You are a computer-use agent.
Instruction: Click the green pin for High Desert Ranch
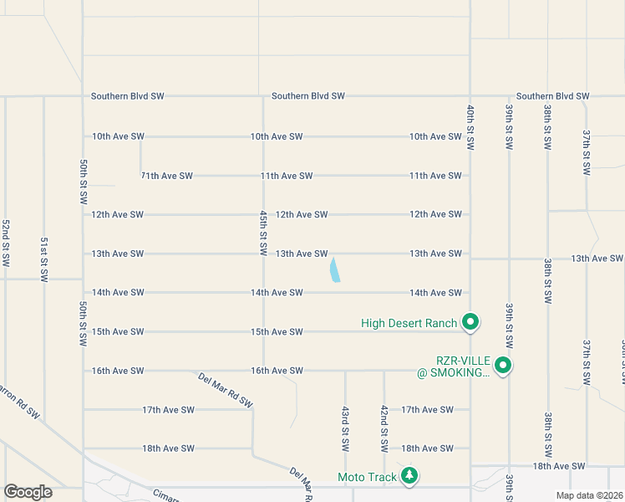click(470, 321)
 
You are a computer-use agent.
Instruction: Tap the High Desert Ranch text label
click(409, 323)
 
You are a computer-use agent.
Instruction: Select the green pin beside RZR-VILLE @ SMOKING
click(503, 365)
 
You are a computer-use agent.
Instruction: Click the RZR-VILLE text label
click(453, 366)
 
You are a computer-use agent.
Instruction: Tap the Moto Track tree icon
click(409, 476)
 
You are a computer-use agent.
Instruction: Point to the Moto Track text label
click(367, 477)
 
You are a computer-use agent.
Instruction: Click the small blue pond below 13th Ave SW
click(335, 270)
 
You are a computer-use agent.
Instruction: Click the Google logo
click(28, 492)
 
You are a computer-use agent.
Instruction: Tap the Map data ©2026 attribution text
click(588, 495)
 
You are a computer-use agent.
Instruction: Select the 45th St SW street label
click(263, 233)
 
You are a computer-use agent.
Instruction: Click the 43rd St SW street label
click(344, 427)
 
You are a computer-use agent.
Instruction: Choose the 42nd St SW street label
click(384, 427)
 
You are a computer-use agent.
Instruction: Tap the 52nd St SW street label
click(5, 243)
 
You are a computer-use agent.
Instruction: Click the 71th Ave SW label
click(167, 176)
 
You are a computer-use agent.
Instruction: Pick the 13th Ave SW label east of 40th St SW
click(597, 259)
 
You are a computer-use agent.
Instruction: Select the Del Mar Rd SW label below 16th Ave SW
click(226, 390)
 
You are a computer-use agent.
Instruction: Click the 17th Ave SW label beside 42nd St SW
click(427, 410)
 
